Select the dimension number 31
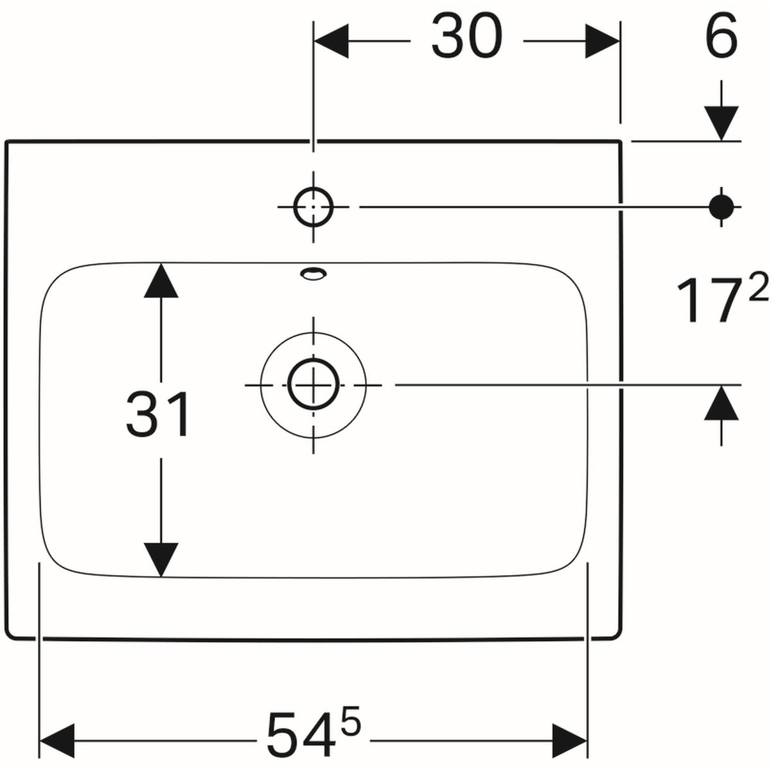tap(158, 414)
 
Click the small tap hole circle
tap(313, 207)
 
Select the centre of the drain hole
tap(313, 385)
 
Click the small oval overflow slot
tap(313, 274)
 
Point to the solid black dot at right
tap(722, 206)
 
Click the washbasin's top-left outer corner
tap(6, 141)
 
